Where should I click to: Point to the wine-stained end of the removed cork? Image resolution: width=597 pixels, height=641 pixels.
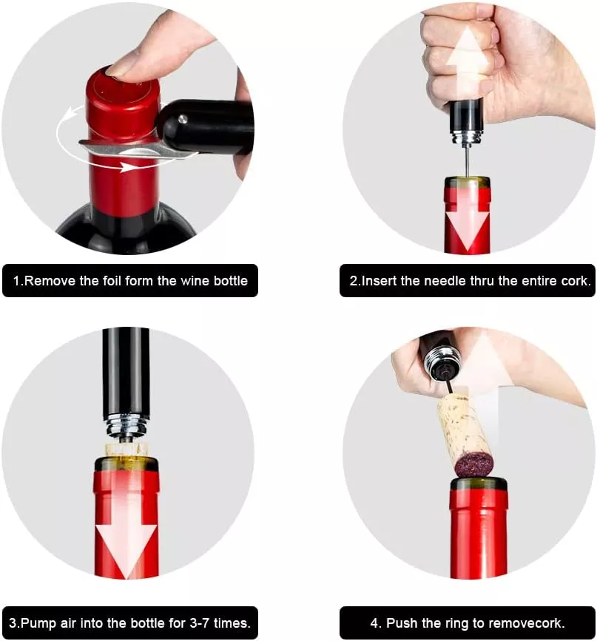coord(475,465)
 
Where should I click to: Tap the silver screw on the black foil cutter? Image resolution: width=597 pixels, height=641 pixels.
coord(183,119)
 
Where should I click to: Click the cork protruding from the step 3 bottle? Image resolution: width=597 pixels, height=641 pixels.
coord(126,450)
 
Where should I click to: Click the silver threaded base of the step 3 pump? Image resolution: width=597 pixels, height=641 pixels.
coord(126,427)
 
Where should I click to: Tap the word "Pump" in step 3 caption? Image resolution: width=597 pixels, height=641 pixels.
coord(39,623)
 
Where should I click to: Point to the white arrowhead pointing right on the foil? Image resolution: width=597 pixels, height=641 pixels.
coord(132,167)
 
